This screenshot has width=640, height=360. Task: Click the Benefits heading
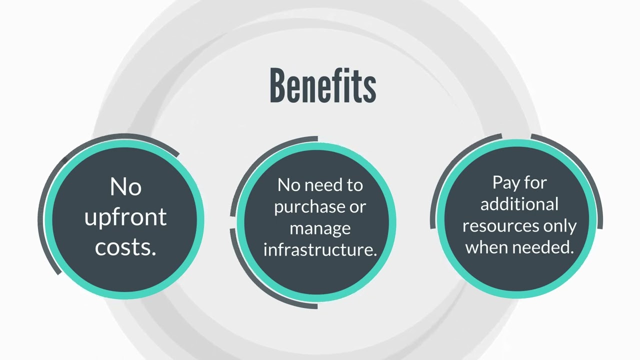tap(323, 85)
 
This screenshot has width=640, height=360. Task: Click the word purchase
tap(308, 207)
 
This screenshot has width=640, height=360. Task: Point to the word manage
tap(320, 229)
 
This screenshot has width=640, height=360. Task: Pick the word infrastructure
tap(318, 249)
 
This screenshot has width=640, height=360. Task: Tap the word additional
tap(519, 204)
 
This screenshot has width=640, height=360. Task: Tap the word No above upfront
tap(125, 186)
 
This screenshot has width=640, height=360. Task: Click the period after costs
tap(154, 253)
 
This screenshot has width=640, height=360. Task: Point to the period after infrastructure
tap(374, 254)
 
